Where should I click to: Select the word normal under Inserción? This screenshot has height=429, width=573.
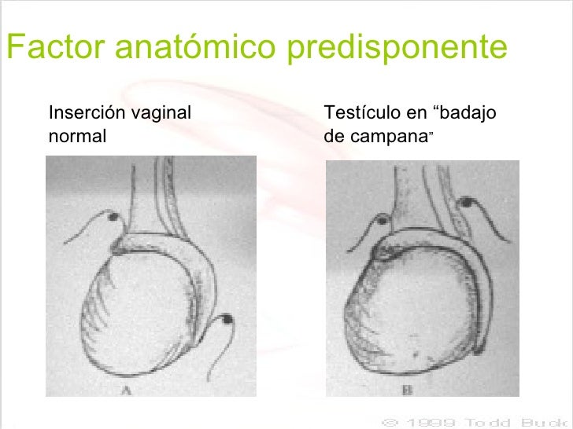(x=77, y=134)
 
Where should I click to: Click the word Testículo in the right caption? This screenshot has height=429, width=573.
(x=358, y=113)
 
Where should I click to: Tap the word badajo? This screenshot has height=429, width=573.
(x=470, y=114)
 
